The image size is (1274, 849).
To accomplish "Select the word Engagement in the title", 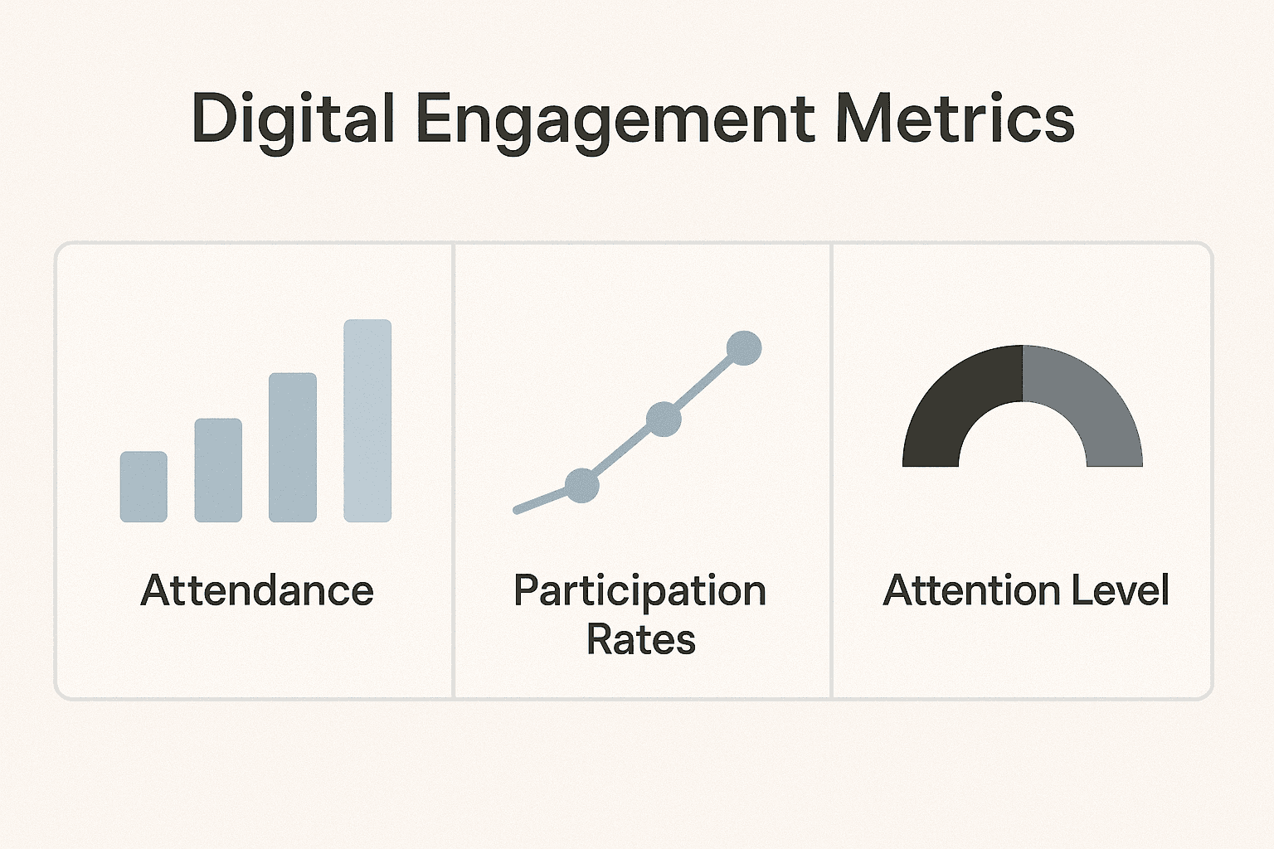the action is [x=616, y=122].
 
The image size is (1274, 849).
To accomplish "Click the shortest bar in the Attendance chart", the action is [x=143, y=487].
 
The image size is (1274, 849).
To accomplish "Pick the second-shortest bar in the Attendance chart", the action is [x=218, y=470].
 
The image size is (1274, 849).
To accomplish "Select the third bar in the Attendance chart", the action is [x=292, y=448].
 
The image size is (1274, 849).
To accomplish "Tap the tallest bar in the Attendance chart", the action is [x=367, y=421].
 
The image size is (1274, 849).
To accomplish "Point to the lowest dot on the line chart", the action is [x=581, y=486].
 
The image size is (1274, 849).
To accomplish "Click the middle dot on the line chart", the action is [x=664, y=419].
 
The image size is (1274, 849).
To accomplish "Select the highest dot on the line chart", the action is [x=744, y=348].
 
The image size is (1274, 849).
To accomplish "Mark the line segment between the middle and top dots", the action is [x=704, y=384].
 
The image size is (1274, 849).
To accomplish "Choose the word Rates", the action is [x=641, y=639].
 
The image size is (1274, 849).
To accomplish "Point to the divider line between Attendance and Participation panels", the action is [x=454, y=471].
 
